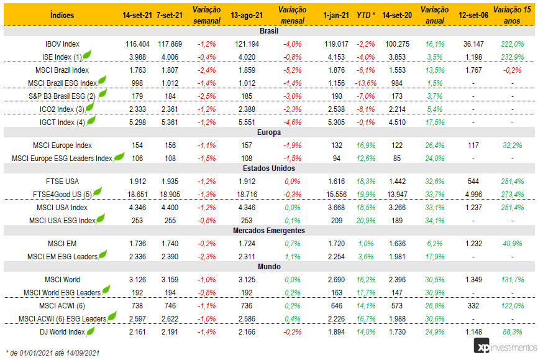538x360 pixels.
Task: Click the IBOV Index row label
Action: click(62, 45)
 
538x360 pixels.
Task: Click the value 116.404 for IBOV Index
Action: click(137, 45)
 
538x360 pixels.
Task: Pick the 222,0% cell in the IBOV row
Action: click(510, 45)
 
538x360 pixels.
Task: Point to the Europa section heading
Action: click(268, 132)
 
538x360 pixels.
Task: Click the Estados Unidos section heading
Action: click(268, 168)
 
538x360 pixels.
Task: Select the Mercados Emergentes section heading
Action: click(268, 231)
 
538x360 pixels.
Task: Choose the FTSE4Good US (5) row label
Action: click(62, 195)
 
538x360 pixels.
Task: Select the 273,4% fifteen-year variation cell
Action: click(510, 195)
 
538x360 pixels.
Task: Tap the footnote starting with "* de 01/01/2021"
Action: click(53, 353)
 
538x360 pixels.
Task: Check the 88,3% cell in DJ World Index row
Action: click(510, 332)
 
